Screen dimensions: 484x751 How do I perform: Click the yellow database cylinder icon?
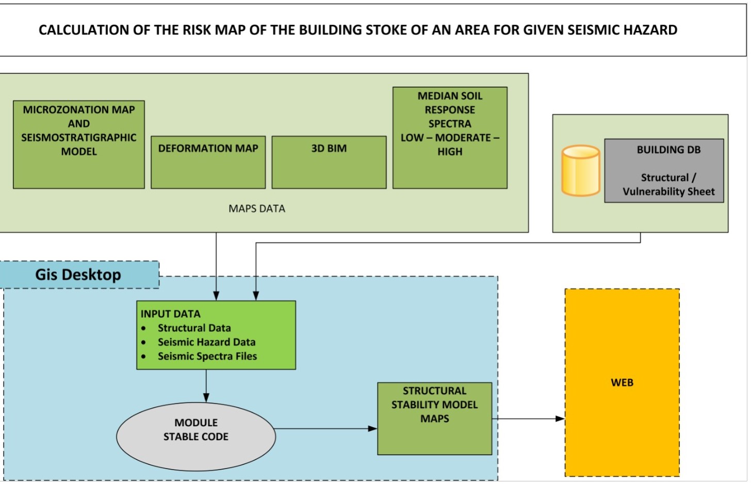[581, 170]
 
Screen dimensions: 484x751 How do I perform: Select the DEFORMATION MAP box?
[208, 162]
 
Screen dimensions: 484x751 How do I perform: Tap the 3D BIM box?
[329, 162]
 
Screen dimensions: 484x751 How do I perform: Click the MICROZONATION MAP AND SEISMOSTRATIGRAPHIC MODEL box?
[78, 144]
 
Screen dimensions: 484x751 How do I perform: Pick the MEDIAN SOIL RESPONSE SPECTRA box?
[450, 138]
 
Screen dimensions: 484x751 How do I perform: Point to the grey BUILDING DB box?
[664, 170]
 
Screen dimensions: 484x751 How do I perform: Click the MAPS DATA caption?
[257, 209]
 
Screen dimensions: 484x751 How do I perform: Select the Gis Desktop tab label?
[78, 275]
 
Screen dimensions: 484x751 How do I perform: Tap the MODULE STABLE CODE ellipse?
[196, 436]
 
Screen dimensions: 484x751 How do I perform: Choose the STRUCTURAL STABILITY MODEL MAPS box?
[434, 418]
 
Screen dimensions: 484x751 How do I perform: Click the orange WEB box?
[622, 382]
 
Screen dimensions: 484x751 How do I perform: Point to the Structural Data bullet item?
[194, 328]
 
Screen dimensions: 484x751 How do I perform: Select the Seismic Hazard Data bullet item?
[206, 342]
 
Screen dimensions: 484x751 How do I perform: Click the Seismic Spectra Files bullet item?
[207, 356]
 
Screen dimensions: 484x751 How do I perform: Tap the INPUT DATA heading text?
[170, 314]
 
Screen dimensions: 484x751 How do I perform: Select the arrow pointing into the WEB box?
[528, 418]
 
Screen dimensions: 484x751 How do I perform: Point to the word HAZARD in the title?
[648, 30]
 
